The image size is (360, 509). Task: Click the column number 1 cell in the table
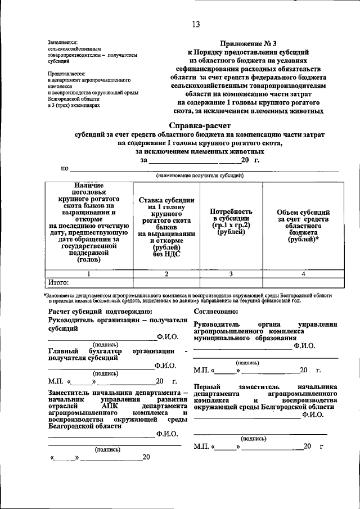point(88,273)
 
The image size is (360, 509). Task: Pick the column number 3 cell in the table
point(231,273)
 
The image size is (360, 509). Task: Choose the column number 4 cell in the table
point(303,273)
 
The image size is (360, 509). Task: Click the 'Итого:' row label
point(58,282)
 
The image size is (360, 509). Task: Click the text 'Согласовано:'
point(217,310)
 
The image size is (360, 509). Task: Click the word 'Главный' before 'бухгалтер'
point(63,350)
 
